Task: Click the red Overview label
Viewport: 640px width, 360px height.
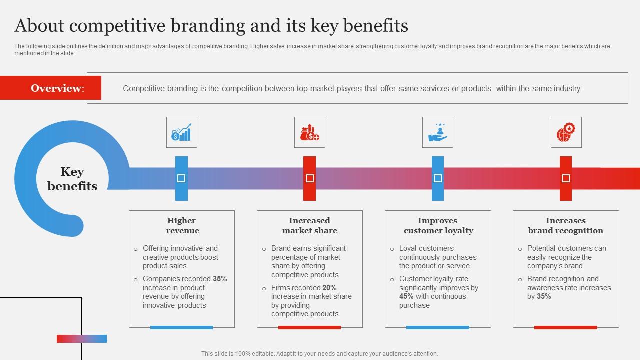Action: click(x=57, y=88)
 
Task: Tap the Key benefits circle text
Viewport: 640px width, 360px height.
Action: click(x=72, y=179)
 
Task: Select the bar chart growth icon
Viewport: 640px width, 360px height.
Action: click(x=181, y=132)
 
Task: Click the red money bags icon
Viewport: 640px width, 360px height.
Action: click(x=309, y=132)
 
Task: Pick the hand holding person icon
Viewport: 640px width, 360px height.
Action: click(x=437, y=132)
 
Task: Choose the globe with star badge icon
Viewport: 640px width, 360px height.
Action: click(x=566, y=132)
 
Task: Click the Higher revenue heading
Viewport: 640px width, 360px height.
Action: click(x=182, y=225)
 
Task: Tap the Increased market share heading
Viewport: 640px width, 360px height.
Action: click(x=309, y=225)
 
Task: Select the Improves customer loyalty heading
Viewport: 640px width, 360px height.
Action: click(x=438, y=225)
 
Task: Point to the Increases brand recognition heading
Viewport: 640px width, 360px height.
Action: click(x=565, y=225)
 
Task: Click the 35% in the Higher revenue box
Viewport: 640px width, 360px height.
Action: click(x=220, y=279)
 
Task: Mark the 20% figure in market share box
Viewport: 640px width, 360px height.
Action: click(x=329, y=288)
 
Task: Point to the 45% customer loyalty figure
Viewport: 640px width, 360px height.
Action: click(x=406, y=296)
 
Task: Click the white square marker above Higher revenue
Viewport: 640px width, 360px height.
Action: click(x=181, y=178)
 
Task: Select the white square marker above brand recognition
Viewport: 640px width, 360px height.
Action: click(x=566, y=178)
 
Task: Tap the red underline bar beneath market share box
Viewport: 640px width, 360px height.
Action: click(x=309, y=327)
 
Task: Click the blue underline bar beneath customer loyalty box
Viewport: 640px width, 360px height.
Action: click(x=437, y=327)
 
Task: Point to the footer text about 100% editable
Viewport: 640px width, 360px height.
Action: click(x=319, y=353)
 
